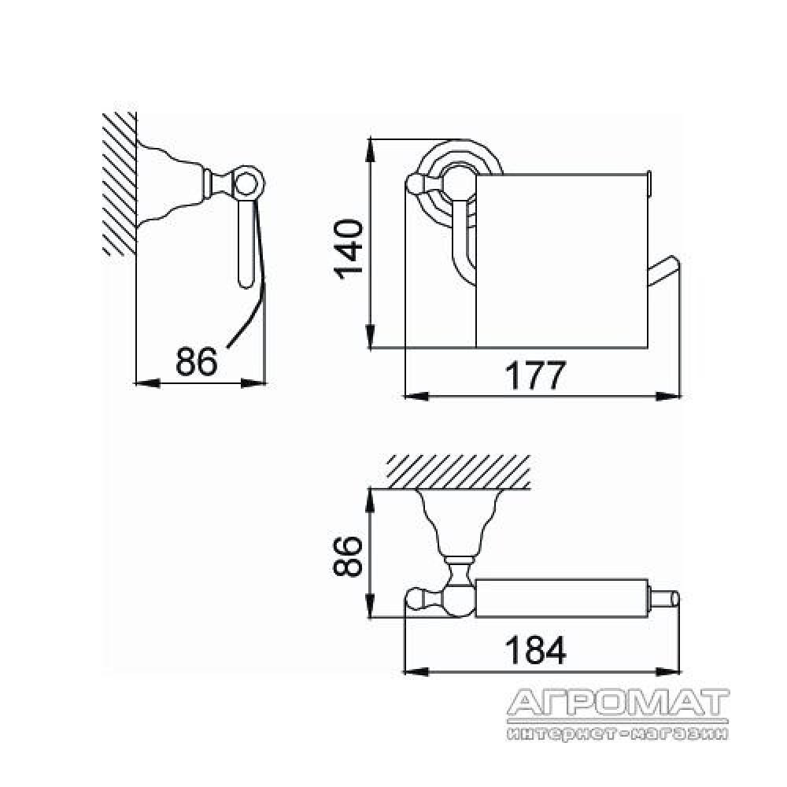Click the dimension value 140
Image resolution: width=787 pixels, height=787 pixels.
click(349, 249)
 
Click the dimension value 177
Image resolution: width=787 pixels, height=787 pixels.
click(535, 375)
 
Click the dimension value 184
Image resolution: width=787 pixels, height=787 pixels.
click(535, 650)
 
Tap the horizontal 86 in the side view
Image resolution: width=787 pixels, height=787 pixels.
click(197, 361)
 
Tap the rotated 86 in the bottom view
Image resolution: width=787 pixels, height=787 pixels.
click(348, 556)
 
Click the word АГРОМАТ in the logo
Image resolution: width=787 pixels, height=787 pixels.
click(618, 703)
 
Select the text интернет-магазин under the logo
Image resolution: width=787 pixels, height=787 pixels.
click(617, 733)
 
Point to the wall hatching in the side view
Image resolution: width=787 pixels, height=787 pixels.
click(120, 184)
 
